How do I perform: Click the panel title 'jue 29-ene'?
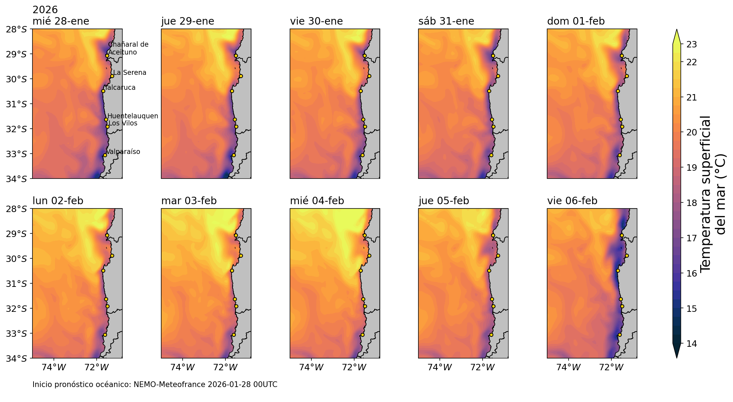(188, 21)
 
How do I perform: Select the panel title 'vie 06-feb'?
(572, 201)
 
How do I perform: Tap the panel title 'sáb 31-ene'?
(446, 21)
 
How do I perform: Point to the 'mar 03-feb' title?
(189, 201)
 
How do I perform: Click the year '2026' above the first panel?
(45, 10)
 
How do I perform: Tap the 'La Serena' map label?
(129, 73)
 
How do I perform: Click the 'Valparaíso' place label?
(123, 152)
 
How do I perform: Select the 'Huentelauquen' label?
(133, 116)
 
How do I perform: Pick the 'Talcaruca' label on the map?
(120, 88)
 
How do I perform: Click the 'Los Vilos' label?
(123, 123)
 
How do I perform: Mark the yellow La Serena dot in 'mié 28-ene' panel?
(112, 76)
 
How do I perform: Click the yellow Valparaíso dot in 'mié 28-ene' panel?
(105, 155)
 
